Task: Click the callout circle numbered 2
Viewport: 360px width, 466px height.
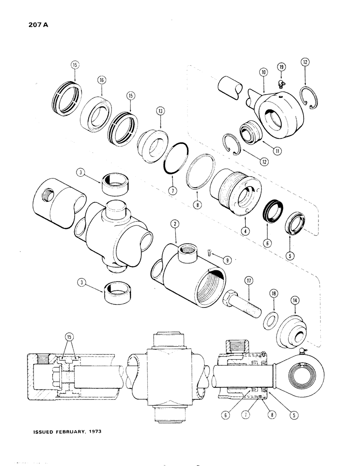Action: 174,224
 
